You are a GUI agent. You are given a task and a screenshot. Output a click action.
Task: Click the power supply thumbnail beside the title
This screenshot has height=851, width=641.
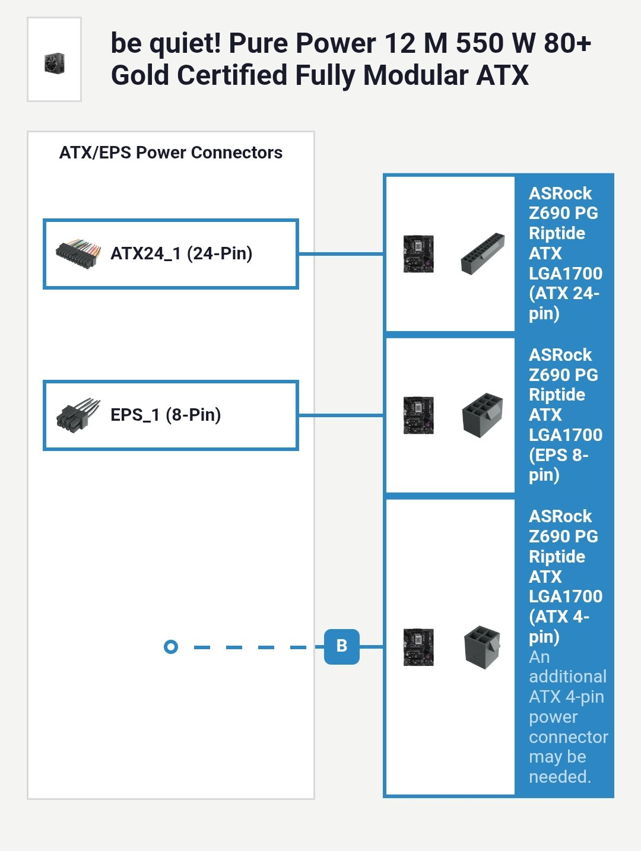(54, 62)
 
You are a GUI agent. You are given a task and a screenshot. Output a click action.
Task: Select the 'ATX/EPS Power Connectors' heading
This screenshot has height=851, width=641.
(171, 153)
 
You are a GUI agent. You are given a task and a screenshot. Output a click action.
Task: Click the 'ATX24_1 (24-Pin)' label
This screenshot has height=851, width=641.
(182, 253)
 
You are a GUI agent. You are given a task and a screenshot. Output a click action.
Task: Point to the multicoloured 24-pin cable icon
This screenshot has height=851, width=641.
(77, 254)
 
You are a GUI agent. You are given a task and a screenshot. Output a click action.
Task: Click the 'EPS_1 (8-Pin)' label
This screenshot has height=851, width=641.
(166, 415)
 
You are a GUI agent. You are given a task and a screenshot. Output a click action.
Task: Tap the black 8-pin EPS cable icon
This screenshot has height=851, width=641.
(77, 414)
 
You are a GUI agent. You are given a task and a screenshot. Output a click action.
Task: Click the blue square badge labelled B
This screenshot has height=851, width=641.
(342, 646)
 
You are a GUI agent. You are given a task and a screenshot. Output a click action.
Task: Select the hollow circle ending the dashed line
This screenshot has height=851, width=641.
(171, 647)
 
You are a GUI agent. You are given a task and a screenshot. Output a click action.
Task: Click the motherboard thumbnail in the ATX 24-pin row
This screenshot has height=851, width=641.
(418, 254)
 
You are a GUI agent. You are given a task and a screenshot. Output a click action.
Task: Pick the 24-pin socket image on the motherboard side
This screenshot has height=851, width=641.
(483, 253)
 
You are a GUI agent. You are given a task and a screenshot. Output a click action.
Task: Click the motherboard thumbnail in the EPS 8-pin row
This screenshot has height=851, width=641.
(418, 415)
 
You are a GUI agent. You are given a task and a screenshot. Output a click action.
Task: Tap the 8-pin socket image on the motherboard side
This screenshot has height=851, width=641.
(483, 415)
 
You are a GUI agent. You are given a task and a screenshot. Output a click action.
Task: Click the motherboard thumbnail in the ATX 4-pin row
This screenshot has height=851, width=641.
(418, 647)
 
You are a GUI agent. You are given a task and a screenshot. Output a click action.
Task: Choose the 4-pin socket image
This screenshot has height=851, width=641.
(482, 647)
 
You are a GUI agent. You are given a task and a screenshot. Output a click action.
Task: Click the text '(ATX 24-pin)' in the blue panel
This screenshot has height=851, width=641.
(563, 303)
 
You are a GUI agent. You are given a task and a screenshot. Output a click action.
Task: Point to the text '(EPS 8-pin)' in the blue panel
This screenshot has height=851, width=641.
(558, 465)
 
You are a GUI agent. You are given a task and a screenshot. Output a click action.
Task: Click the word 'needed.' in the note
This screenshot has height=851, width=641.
(560, 776)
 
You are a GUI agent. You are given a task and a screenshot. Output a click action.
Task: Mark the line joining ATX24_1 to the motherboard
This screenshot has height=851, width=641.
(341, 254)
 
